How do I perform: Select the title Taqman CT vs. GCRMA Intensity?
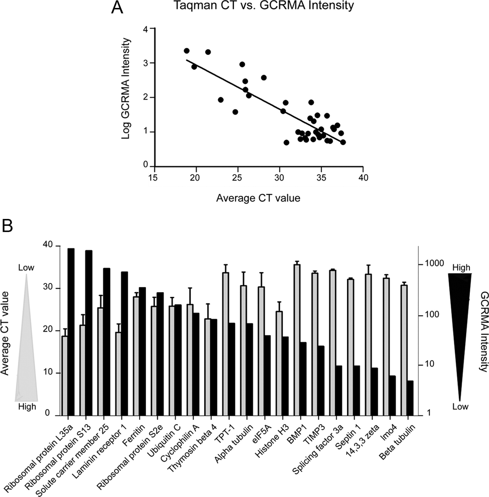coord(264,6)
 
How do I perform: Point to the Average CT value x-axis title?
coord(258,198)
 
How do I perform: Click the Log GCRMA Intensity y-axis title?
coord(126,89)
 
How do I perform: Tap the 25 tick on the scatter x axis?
coord(237,178)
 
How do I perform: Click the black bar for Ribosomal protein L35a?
coord(71,331)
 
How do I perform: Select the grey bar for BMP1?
coord(297,340)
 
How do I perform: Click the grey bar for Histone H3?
coord(279,363)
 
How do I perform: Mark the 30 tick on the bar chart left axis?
coord(48,287)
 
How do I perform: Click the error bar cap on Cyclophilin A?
coord(190,288)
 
